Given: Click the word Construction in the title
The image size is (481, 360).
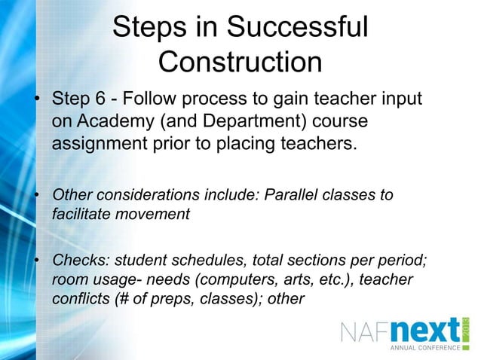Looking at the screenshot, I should [240, 62].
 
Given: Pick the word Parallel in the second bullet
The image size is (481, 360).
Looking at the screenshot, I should [293, 195].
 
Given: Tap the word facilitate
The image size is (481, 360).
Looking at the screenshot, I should [81, 213].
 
